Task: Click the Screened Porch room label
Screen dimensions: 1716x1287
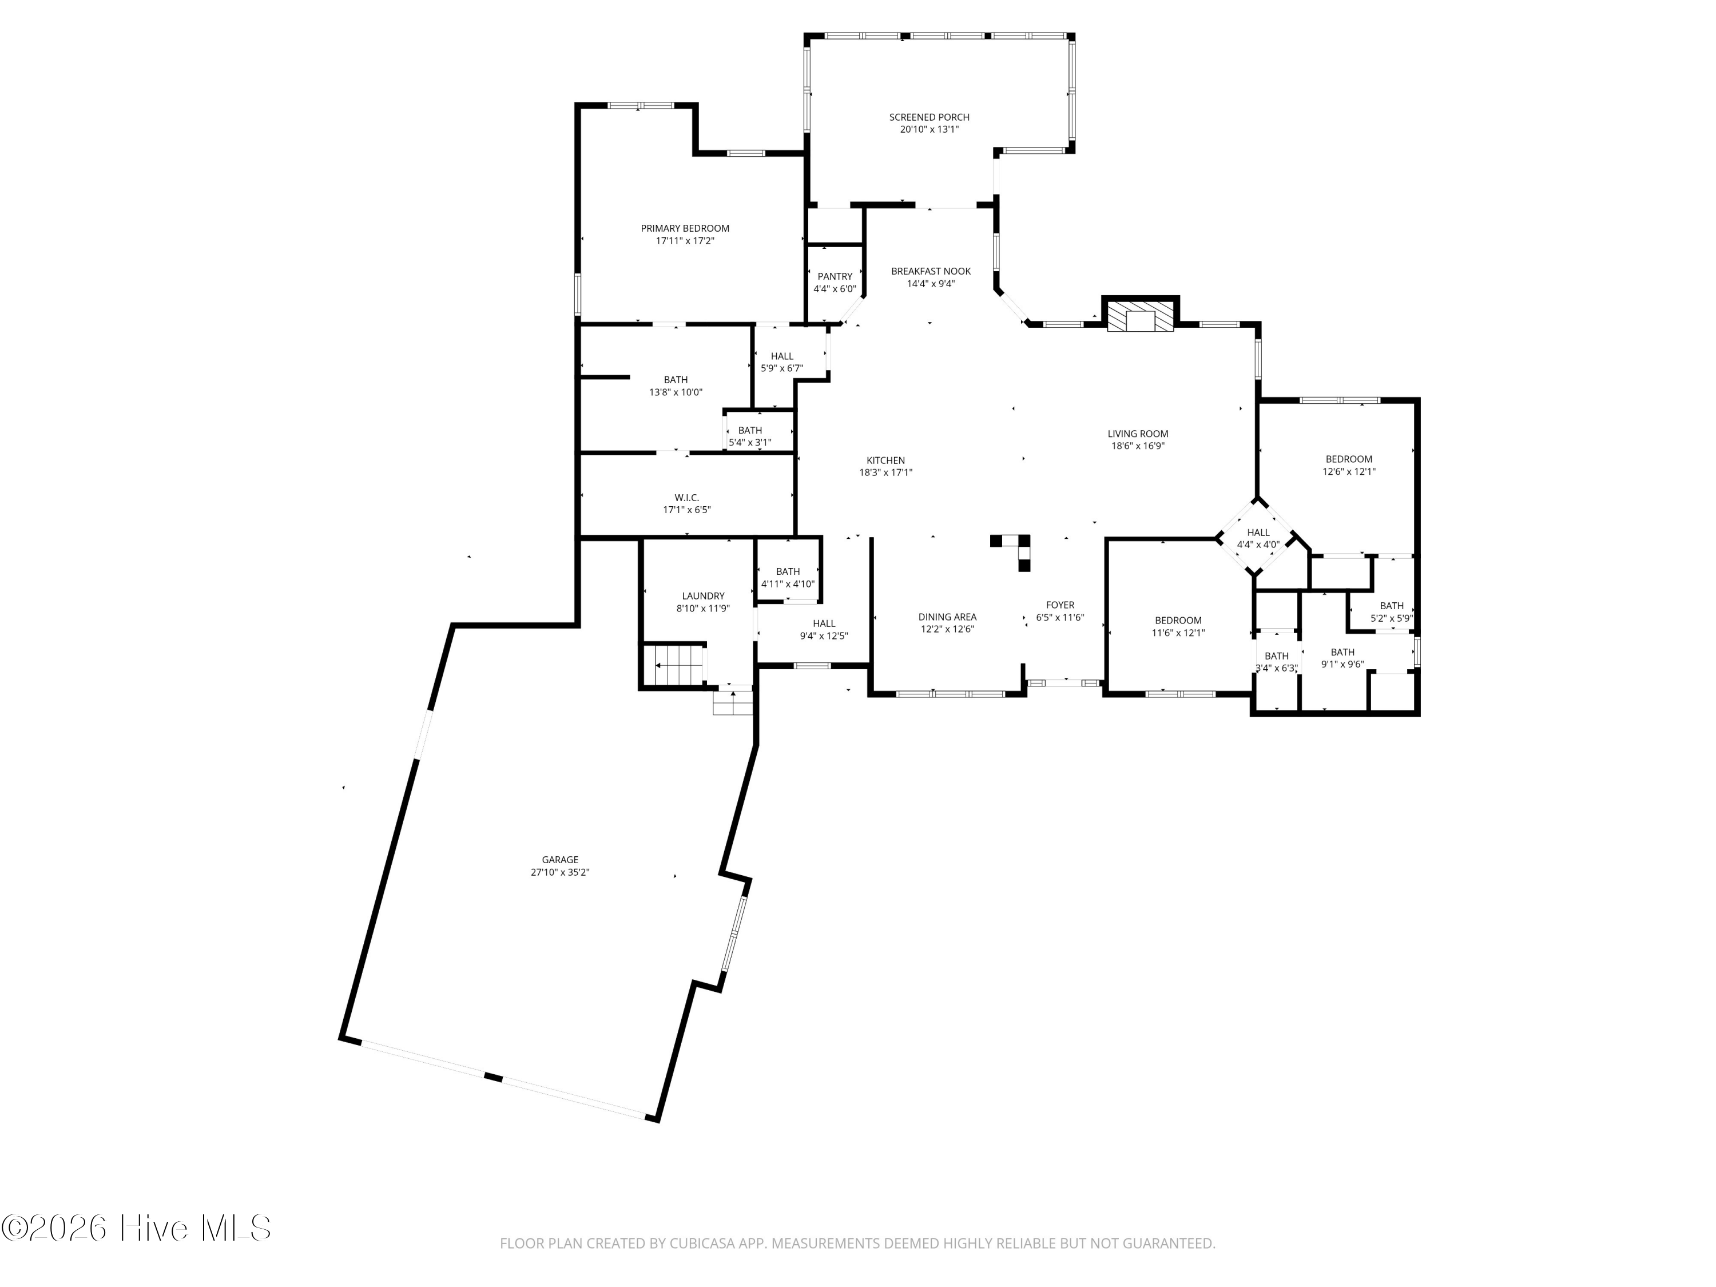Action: [929, 117]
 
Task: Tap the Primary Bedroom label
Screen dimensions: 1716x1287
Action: [685, 228]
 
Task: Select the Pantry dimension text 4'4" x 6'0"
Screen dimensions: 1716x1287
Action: [835, 289]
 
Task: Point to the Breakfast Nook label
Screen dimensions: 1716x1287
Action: [931, 271]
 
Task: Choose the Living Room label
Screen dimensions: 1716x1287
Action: [1138, 434]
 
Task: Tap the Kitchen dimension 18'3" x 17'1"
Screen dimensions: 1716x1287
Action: [886, 472]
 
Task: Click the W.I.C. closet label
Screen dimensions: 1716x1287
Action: [686, 497]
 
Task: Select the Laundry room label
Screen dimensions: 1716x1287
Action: [704, 596]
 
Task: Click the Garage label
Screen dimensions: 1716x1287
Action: [560, 860]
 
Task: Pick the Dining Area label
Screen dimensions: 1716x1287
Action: [947, 617]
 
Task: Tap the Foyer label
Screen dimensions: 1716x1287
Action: [1060, 605]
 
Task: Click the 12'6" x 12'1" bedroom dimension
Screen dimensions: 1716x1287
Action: [1349, 471]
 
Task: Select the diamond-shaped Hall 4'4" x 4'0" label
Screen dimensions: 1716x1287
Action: [1258, 532]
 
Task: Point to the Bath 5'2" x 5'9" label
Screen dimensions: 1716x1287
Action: [1392, 606]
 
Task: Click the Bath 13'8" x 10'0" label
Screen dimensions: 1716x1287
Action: [676, 379]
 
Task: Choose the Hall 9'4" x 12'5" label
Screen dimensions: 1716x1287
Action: [824, 623]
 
